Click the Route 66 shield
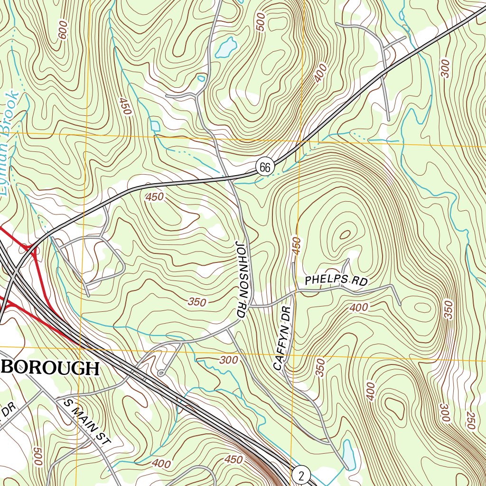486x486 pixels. (265, 167)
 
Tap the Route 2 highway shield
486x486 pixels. (301, 474)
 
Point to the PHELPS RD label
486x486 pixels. (336, 280)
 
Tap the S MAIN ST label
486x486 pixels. (86, 422)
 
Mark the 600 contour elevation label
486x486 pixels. (63, 30)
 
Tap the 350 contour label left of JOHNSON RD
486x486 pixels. (196, 302)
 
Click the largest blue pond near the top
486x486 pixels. (226, 48)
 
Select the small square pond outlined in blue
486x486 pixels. (155, 126)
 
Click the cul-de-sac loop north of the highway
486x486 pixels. (161, 374)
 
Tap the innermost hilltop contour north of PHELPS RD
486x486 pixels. (345, 234)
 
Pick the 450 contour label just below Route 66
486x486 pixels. (155, 196)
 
